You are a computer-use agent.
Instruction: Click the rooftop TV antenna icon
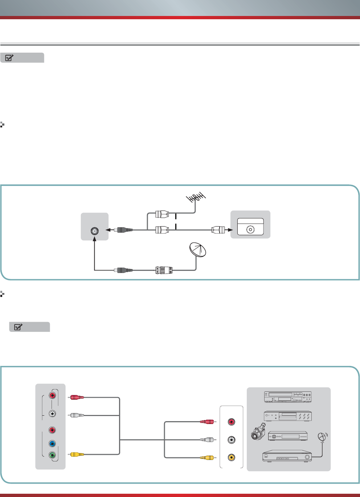[196, 198]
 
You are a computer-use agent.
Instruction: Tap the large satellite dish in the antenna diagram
[197, 250]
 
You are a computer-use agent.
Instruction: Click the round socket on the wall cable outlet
[250, 229]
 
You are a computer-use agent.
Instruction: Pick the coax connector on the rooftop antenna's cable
[162, 214]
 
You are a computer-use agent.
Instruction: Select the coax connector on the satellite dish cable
[164, 270]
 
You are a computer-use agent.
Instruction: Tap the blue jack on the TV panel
[53, 444]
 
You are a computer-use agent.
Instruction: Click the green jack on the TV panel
[53, 455]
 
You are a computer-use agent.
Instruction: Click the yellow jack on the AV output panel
[231, 457]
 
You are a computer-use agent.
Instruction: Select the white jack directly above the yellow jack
[231, 440]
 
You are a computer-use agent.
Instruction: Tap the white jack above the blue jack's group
[53, 413]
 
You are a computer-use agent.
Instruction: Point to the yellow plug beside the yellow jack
[208, 457]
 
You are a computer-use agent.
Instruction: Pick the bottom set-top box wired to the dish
[287, 456]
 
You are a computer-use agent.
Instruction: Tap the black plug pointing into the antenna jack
[123, 230]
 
